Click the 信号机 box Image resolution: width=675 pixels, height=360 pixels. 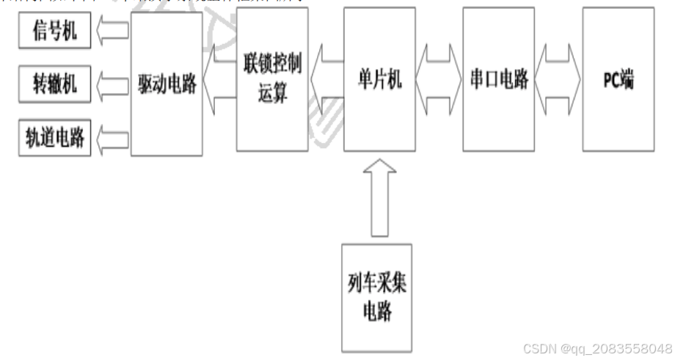coord(55,32)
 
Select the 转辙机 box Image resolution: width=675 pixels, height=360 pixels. coord(55,84)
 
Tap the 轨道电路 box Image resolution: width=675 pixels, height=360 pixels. coord(55,138)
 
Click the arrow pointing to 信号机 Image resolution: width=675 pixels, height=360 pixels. coord(112,32)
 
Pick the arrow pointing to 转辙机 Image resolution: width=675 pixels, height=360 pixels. coord(112,85)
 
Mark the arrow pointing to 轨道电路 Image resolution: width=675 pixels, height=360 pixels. coord(112,138)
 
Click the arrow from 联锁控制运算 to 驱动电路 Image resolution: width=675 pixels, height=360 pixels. coord(219,80)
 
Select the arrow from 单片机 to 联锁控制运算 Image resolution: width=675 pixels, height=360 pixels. coord(326,80)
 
